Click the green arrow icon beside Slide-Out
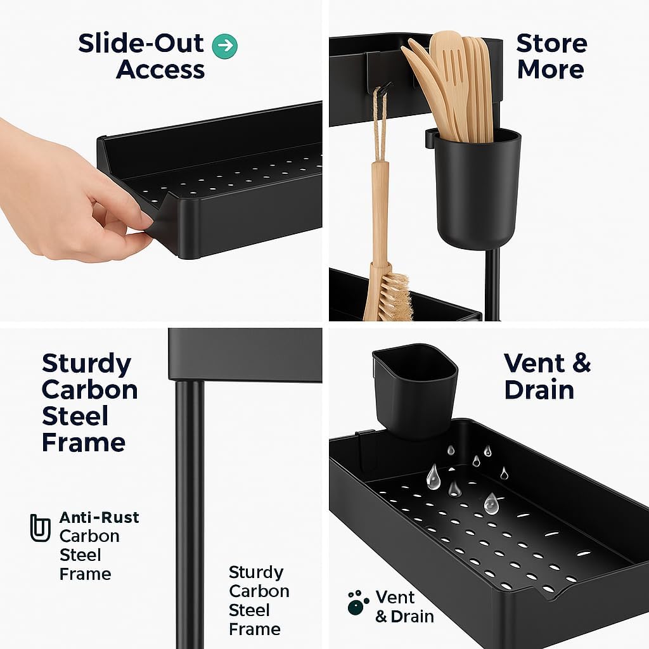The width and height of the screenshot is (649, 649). (225, 46)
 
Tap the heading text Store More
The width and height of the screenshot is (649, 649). (551, 56)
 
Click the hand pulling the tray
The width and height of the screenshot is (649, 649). (70, 190)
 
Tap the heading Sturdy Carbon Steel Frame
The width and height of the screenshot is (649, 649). (89, 403)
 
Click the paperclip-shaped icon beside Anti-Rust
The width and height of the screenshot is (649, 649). (40, 528)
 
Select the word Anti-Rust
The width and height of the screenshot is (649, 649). (99, 517)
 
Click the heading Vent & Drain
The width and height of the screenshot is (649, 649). (547, 376)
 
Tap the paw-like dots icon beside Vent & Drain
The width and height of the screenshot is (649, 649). (358, 603)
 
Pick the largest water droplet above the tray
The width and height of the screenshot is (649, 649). (434, 477)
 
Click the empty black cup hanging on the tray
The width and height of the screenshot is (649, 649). (414, 389)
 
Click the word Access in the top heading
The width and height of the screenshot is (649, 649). (160, 70)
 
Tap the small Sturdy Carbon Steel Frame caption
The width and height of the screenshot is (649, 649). (259, 601)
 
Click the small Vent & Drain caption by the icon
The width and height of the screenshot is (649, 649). (404, 607)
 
